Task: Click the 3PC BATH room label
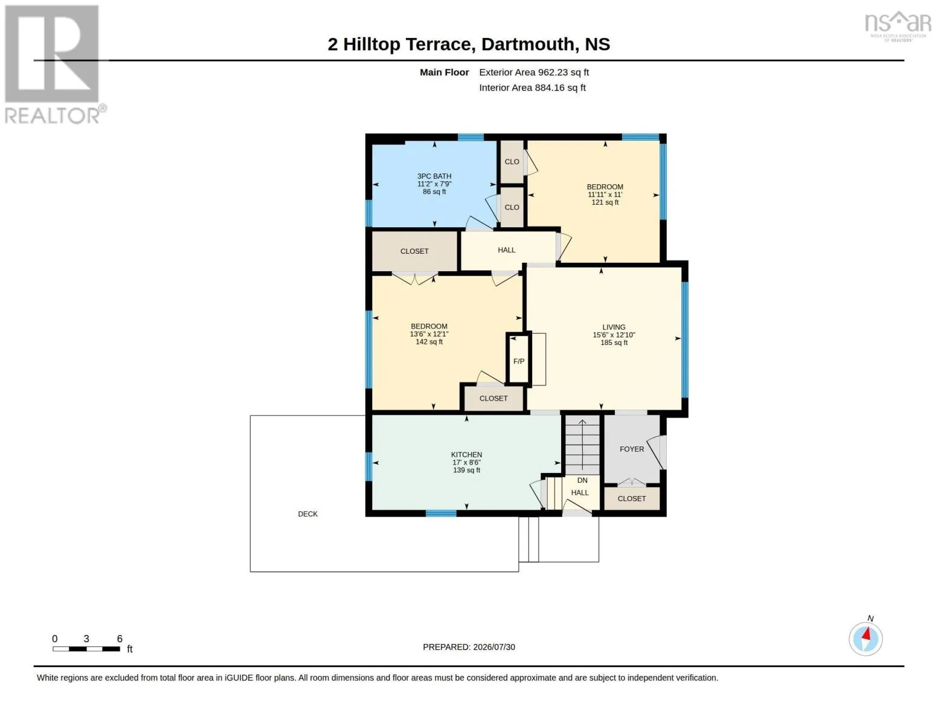(434, 176)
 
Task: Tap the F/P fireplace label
(519, 361)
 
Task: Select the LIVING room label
(614, 327)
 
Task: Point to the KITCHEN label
(467, 455)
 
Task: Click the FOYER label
(632, 449)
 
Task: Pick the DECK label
(308, 514)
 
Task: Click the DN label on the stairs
(582, 480)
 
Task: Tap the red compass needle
(866, 633)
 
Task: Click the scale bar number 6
(120, 639)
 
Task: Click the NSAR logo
(898, 26)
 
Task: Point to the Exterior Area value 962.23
(551, 72)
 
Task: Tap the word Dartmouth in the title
(528, 45)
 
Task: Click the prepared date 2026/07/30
(494, 647)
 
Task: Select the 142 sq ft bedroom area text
(429, 342)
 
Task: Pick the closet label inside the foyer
(632, 498)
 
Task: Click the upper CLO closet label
(512, 162)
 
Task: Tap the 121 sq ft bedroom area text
(605, 202)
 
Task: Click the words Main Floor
(444, 72)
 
